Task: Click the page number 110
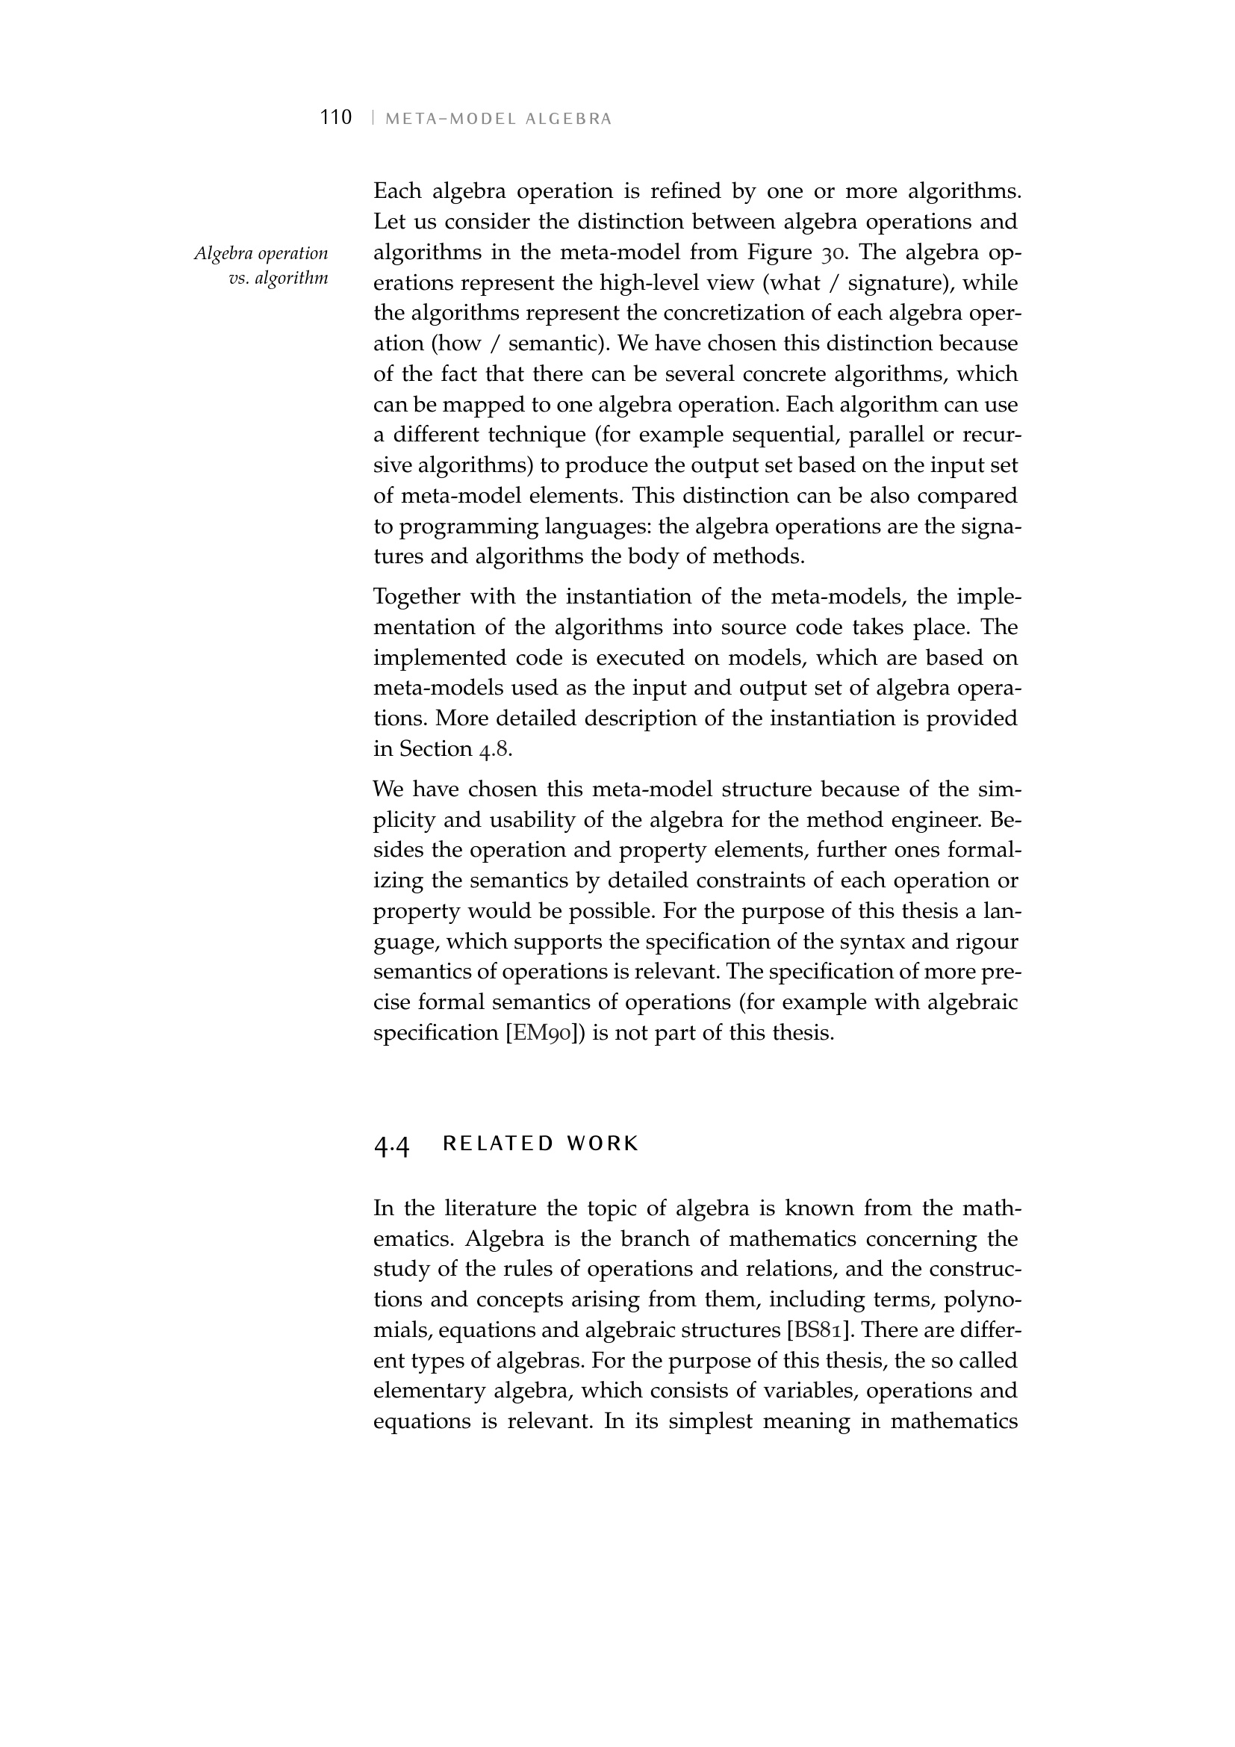point(336,117)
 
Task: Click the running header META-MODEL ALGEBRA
point(498,119)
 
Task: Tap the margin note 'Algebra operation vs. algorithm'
point(261,265)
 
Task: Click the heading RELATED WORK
point(540,1144)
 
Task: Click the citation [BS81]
point(820,1331)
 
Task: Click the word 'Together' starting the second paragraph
point(414,596)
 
